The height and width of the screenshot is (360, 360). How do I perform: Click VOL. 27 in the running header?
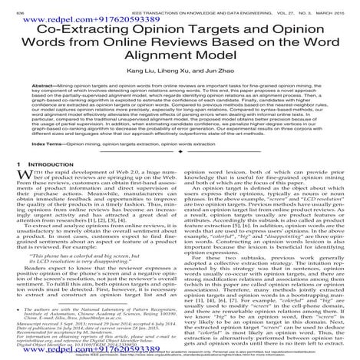[x=264, y=5]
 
